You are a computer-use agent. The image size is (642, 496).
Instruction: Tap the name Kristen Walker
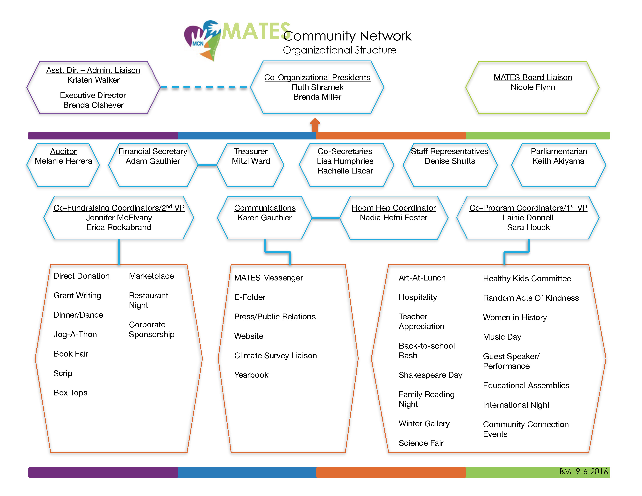tap(93, 80)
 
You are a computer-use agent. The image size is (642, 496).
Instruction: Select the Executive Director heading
tap(93, 95)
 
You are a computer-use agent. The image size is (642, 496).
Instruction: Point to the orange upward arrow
tap(315, 125)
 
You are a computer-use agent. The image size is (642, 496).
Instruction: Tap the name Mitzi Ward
tap(251, 161)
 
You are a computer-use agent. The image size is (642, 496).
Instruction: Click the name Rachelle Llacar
tap(345, 171)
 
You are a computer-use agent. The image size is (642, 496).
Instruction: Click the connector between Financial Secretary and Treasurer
tap(207, 165)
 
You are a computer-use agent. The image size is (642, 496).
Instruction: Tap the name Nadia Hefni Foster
tap(393, 217)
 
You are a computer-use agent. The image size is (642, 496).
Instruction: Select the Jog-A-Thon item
tap(75, 334)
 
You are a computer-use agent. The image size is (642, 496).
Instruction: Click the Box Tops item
tap(71, 393)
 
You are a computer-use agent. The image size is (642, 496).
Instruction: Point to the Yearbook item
tap(251, 375)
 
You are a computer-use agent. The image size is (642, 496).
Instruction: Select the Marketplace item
tap(151, 276)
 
